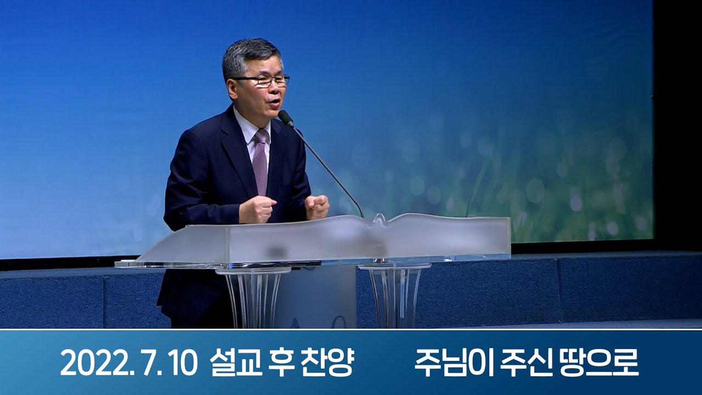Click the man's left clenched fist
[x=318, y=206]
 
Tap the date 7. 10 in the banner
[x=165, y=363]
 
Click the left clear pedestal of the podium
[x=253, y=296]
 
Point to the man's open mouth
[x=273, y=102]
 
